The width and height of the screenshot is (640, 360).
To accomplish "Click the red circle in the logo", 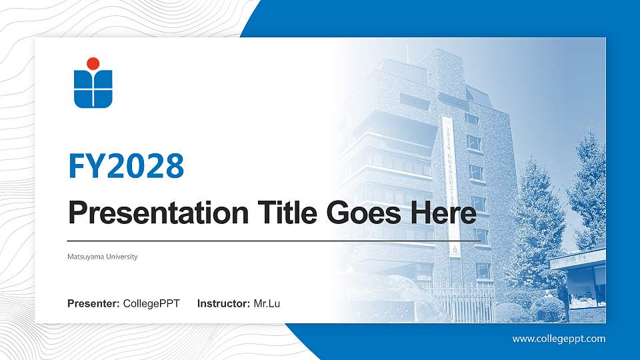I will (x=93, y=63).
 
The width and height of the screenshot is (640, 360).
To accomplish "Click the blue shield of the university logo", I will (x=93, y=90).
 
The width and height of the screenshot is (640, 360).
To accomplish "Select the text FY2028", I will (x=126, y=166).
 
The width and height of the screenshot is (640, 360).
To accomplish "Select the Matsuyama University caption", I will (x=103, y=257).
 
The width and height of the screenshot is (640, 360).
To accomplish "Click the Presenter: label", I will (x=93, y=304).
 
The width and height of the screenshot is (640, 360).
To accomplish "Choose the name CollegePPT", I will (x=151, y=304).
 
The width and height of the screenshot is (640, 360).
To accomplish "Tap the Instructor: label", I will (x=224, y=304).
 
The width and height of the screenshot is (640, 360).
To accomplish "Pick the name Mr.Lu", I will (x=267, y=304).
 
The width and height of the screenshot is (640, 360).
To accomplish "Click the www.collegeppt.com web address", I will (x=559, y=339).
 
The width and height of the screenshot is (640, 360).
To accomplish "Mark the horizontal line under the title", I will (x=273, y=241).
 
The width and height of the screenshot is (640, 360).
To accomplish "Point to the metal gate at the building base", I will (x=460, y=303).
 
